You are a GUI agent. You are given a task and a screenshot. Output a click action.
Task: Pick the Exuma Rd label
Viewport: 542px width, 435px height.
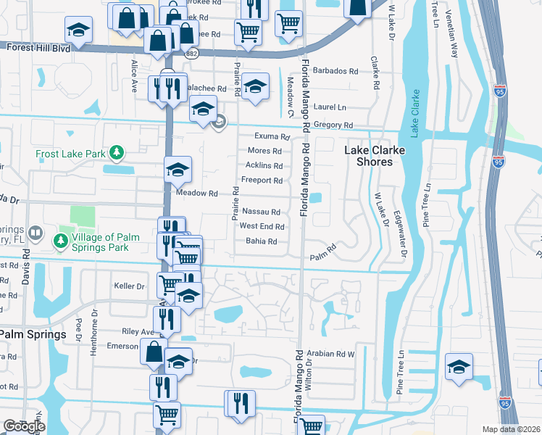[272, 136]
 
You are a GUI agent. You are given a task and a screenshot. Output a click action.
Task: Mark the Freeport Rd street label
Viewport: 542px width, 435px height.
[262, 180]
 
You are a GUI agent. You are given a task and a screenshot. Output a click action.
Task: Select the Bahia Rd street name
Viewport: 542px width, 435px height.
[262, 241]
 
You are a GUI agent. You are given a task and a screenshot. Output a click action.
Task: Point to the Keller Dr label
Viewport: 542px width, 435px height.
[130, 286]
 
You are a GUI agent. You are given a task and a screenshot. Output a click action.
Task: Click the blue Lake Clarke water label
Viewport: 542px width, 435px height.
[414, 113]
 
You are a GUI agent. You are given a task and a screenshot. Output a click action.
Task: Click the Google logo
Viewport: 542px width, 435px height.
[24, 426]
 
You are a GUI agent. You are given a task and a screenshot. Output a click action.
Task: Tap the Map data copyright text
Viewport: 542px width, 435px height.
[511, 429]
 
